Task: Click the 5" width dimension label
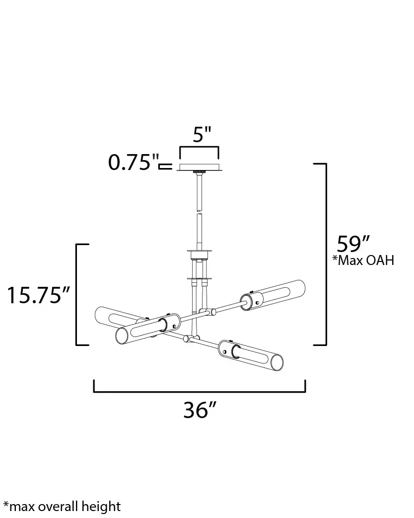pyautogui.click(x=202, y=134)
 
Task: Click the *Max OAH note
pyautogui.click(x=363, y=260)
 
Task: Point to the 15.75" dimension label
pyautogui.click(x=39, y=295)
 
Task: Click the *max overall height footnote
pyautogui.click(x=62, y=507)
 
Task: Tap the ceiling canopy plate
pyautogui.click(x=199, y=167)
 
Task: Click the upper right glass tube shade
pyautogui.click(x=273, y=295)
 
